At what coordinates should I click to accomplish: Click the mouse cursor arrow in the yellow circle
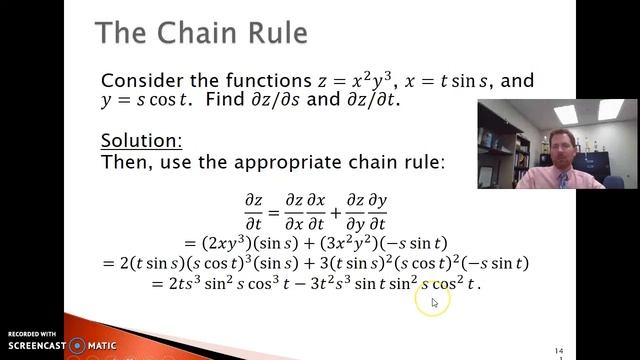434,302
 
